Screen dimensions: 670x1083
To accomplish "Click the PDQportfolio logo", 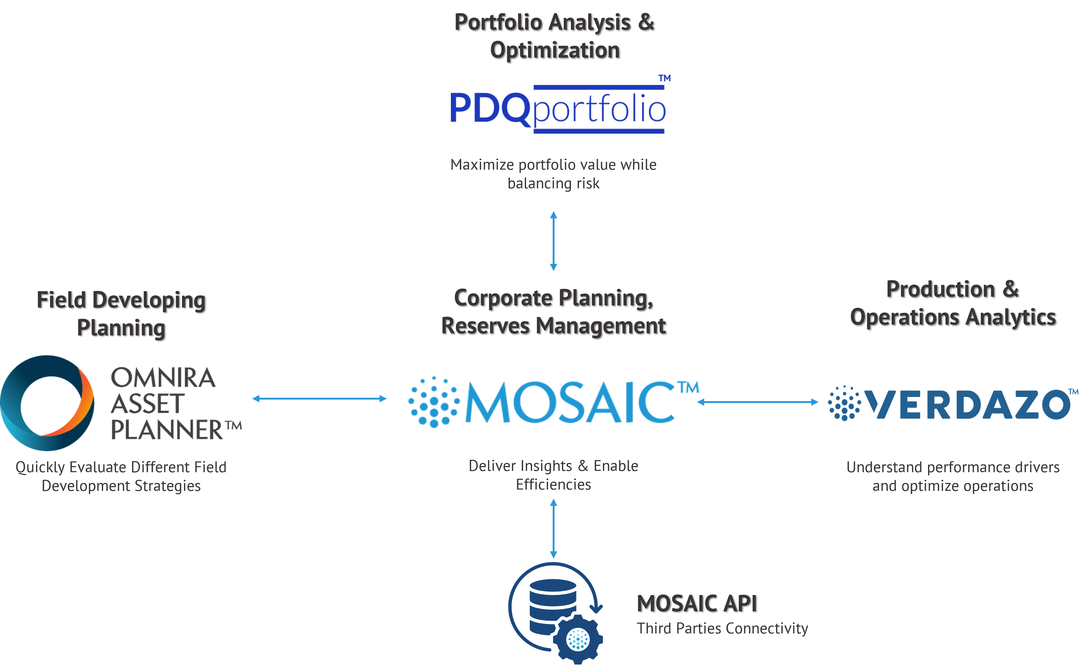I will pyautogui.click(x=557, y=109).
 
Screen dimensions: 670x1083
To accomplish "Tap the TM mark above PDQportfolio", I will pyautogui.click(x=664, y=78).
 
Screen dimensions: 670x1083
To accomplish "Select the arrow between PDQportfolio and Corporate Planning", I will pyautogui.click(x=553, y=241).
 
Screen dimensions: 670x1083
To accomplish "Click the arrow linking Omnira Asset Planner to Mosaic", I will pyautogui.click(x=319, y=398).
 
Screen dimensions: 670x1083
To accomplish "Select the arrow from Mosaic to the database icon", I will pyautogui.click(x=553, y=528).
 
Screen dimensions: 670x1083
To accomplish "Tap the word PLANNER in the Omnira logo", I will pyautogui.click(x=167, y=429).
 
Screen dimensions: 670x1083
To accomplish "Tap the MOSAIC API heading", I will pyautogui.click(x=697, y=603).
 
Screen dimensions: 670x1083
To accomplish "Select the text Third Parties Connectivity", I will pyautogui.click(x=722, y=628).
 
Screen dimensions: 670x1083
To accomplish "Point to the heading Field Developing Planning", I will pyautogui.click(x=121, y=314).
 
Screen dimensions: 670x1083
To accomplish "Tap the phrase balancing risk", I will pyautogui.click(x=553, y=183).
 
